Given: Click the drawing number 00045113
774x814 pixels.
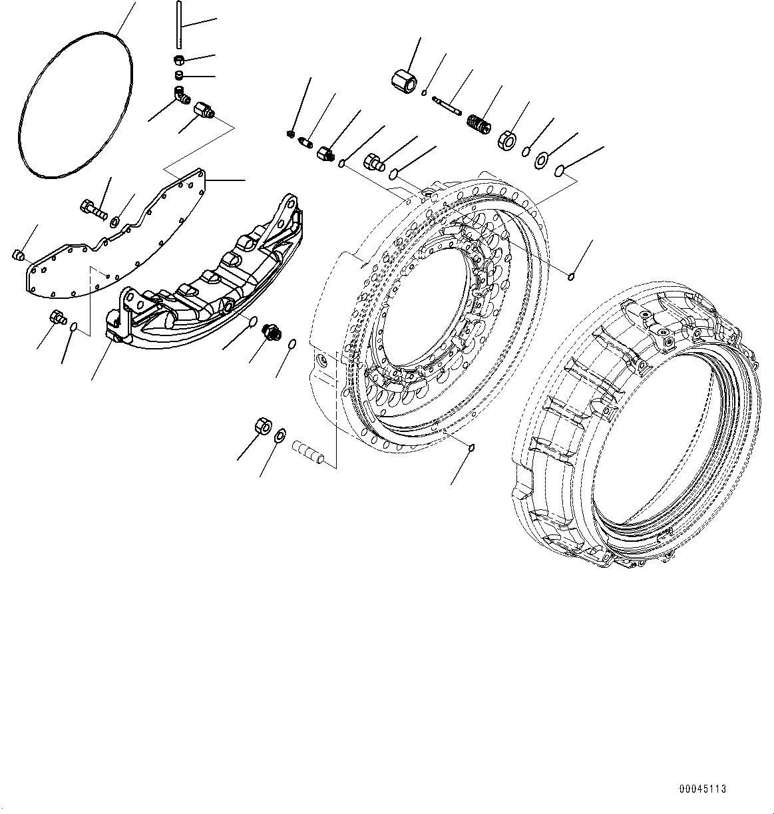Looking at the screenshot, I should tap(702, 789).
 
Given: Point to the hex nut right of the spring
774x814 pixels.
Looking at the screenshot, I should tap(508, 140).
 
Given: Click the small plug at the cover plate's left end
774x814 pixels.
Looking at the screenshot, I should tap(19, 255).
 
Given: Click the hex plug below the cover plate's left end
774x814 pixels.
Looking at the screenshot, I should tap(56, 317).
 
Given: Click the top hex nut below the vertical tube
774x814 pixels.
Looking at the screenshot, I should tap(180, 61).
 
